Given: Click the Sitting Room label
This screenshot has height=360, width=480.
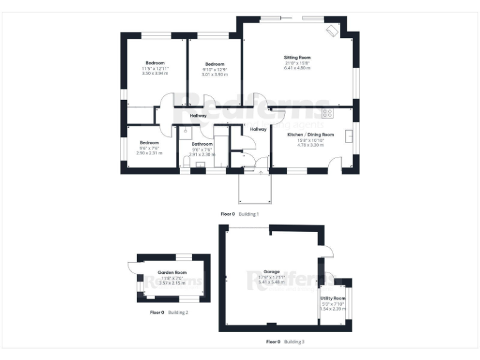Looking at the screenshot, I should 297,57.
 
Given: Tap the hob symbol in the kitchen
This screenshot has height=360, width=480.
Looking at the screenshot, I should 326,114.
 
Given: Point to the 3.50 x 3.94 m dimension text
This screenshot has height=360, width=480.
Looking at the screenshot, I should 155,74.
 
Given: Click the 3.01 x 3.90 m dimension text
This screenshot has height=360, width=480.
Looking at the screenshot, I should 214,74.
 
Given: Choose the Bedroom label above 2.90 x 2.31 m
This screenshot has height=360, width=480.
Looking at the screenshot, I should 149,142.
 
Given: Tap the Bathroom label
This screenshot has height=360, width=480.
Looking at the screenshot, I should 202,144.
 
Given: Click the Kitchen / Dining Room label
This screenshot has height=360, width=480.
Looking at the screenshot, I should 311,134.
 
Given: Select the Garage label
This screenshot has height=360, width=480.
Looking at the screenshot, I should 271,272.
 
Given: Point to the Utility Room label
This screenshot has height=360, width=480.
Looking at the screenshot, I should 333,299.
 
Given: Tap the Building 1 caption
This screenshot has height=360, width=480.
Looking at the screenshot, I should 248,214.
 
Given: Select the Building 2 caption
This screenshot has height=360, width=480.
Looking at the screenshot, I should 178,312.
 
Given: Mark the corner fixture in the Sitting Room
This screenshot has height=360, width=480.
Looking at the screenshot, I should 332,30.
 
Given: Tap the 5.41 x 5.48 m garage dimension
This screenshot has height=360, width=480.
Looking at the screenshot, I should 271,282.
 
